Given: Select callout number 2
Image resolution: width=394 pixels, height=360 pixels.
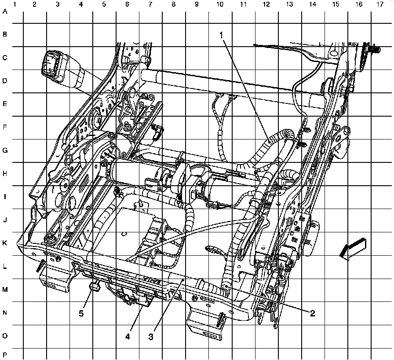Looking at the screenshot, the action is coord(312,313).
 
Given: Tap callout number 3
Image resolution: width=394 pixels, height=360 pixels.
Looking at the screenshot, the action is coord(151,337).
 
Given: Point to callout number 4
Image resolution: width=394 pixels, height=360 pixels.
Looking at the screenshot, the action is coord(128,337).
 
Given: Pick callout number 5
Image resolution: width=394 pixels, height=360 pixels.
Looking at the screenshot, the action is coord(81,313).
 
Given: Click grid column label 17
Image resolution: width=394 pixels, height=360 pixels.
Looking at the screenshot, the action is coord(380,4).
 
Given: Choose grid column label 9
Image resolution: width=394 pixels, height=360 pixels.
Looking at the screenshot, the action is coord(196,4).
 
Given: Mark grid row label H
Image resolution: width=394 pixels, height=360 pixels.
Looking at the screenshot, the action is coord(5,174).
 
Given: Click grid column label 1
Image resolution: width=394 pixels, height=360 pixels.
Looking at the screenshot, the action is coord(15,4).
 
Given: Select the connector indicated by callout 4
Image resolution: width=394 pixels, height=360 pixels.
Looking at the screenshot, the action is coord(144,300).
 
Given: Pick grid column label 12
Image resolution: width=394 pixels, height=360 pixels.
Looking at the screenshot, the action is coord(266,4).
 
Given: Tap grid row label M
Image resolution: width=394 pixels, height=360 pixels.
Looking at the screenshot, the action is coord(5,290).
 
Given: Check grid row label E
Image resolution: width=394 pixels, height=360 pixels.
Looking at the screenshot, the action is coord(5,104).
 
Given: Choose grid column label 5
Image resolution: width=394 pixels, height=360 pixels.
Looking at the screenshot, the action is coord(104,4).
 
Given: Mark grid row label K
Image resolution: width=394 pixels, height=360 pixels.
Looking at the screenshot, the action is coord(5,243).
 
